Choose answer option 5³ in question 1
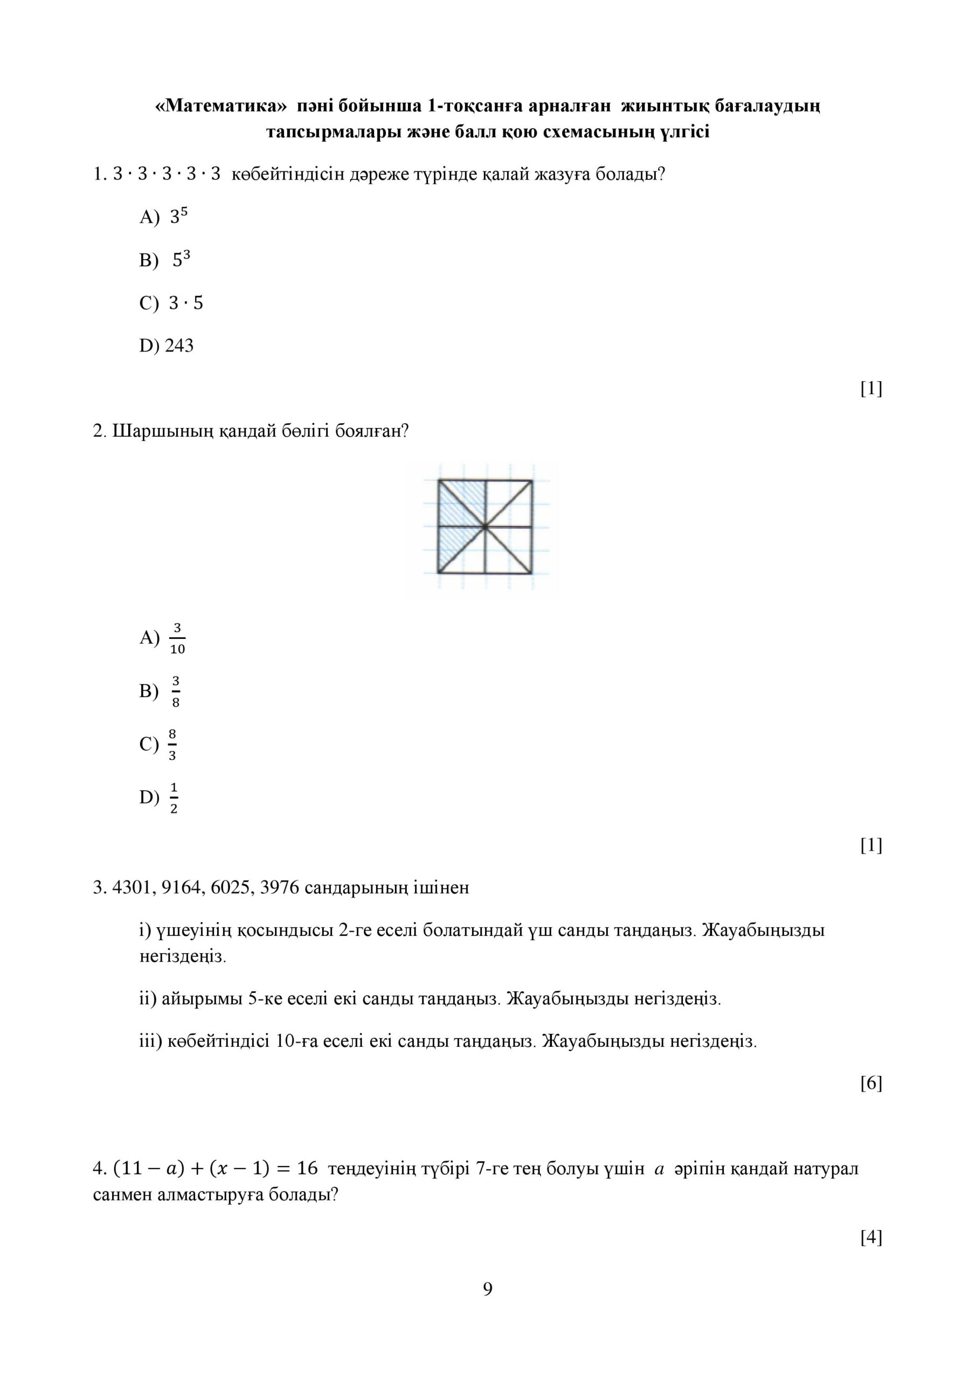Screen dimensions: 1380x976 coord(182,260)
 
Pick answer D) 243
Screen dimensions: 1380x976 coord(167,346)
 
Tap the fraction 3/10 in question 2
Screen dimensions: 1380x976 coord(177,638)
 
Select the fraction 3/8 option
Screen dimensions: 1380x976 coord(176,692)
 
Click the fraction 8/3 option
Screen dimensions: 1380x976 coord(172,744)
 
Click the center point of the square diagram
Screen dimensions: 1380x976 coord(485,527)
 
